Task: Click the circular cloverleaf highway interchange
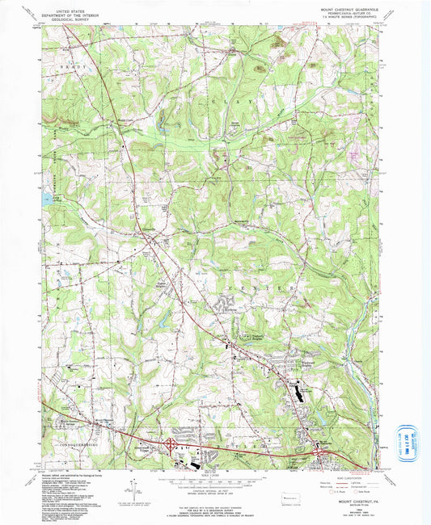[x=171, y=443]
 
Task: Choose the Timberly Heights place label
[x=255, y=339]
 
